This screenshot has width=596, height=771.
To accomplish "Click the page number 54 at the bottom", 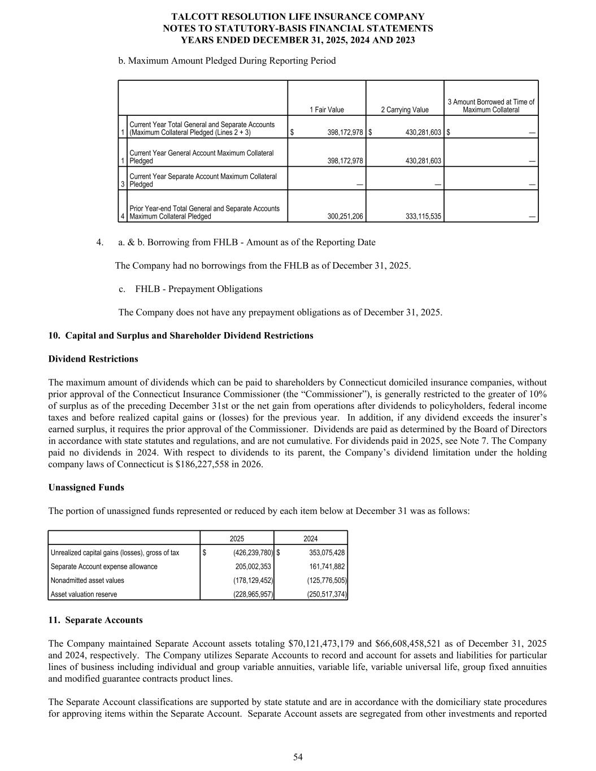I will point(298,757).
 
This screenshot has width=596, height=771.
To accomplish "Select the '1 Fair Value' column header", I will point(327,110).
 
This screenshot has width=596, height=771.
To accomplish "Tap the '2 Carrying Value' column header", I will point(404,110).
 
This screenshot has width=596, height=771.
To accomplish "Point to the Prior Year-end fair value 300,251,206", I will point(345,216).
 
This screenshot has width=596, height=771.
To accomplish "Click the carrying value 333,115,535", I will point(423,216).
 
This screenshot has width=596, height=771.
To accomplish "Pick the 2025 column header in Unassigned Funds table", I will point(237,539).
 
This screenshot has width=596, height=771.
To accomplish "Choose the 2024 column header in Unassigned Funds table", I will point(311,539).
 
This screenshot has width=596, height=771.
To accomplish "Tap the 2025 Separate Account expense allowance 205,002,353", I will point(253,567).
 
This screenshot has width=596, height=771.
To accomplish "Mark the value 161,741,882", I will point(327,567).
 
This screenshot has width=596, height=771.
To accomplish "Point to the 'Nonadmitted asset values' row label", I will point(88,581).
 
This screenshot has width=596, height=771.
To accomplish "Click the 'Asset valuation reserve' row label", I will point(84,594).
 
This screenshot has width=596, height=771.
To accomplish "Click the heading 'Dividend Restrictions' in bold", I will point(93,359).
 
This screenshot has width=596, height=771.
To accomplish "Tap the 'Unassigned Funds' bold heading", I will point(86,487).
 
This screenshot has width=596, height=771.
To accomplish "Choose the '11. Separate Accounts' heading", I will point(95,620).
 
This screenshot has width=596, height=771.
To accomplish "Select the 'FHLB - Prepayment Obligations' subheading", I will point(199,289).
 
